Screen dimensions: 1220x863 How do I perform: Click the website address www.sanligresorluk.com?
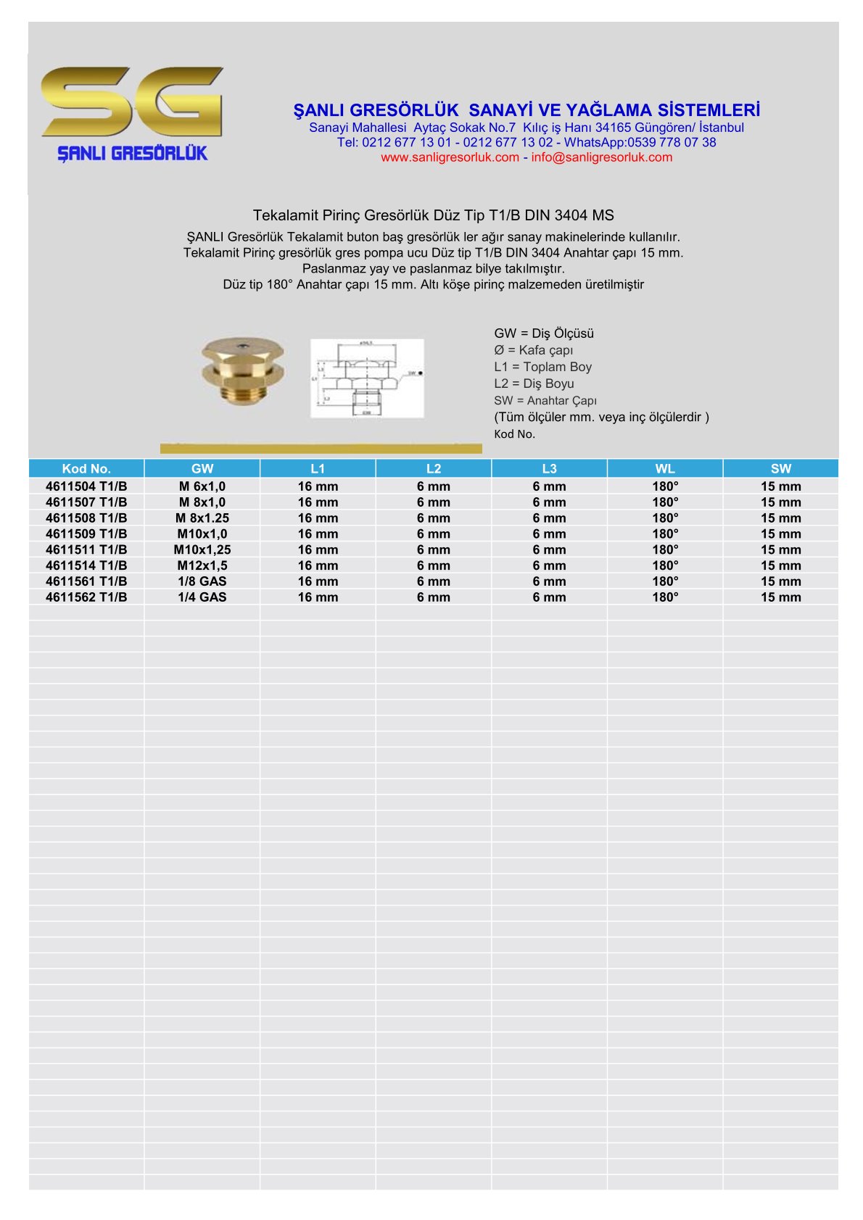click(450, 157)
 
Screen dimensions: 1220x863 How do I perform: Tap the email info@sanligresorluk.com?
click(601, 157)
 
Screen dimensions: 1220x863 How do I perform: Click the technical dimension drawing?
click(367, 378)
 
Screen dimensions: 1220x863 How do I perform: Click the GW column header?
click(202, 469)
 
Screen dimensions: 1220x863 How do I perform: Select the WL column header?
click(665, 469)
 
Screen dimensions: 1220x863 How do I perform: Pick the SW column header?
click(780, 469)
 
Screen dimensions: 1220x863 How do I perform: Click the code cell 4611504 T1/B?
click(86, 486)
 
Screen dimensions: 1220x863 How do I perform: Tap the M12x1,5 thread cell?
click(202, 565)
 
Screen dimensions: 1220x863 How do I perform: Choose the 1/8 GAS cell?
click(202, 581)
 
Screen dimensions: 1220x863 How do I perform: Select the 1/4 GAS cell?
click(202, 597)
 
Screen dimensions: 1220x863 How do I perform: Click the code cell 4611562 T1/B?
click(86, 597)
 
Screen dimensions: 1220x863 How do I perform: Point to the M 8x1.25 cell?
click(202, 518)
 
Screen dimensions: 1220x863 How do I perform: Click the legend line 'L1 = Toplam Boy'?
click(542, 367)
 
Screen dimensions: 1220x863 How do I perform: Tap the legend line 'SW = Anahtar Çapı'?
click(545, 401)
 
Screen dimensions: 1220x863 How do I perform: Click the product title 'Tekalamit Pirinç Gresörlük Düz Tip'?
click(433, 215)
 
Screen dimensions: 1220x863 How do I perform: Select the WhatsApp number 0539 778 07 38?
click(672, 142)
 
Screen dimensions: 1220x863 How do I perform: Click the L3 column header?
click(549, 469)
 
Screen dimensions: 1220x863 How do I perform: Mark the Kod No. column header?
click(86, 469)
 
